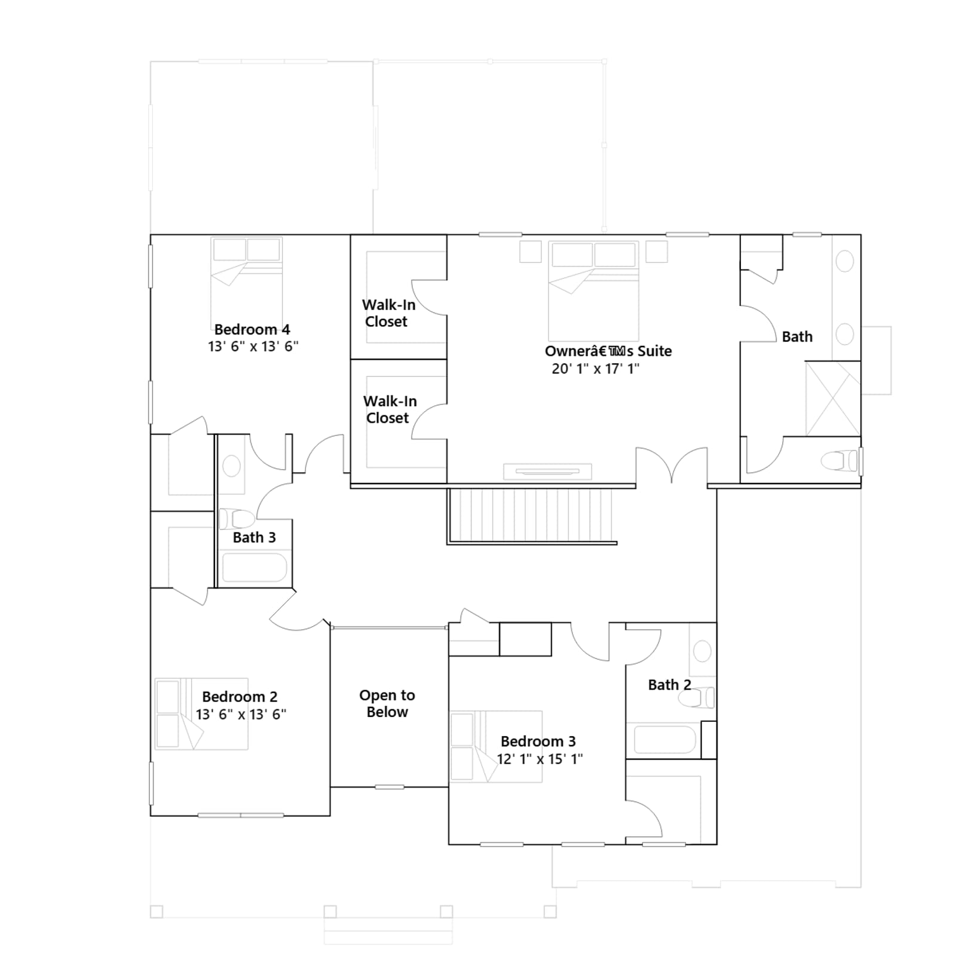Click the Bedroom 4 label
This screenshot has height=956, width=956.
click(252, 329)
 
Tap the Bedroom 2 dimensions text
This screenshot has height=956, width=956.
click(241, 714)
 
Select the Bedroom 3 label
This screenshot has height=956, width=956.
click(538, 741)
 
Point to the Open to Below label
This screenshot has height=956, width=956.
click(387, 703)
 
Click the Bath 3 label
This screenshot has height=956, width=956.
click(255, 537)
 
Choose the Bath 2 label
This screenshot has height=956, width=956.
click(670, 685)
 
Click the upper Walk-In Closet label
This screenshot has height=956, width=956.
click(388, 313)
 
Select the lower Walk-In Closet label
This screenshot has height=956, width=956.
click(390, 409)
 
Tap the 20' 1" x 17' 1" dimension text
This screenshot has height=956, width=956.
click(596, 369)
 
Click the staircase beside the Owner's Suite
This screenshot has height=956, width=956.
click(531, 516)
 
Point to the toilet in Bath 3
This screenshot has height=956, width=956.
click(237, 519)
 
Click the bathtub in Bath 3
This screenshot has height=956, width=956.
click(255, 567)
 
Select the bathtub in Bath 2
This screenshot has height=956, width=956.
click(665, 740)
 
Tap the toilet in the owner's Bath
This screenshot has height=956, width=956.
click(839, 461)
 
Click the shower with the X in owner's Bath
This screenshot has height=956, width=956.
click(833, 399)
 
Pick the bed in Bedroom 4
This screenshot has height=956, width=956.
click(246, 282)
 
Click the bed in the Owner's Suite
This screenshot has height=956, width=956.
click(593, 291)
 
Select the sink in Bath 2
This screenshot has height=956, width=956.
click(702, 651)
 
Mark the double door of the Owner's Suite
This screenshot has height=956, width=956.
click(672, 465)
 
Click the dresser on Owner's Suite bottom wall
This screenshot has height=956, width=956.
click(547, 471)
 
